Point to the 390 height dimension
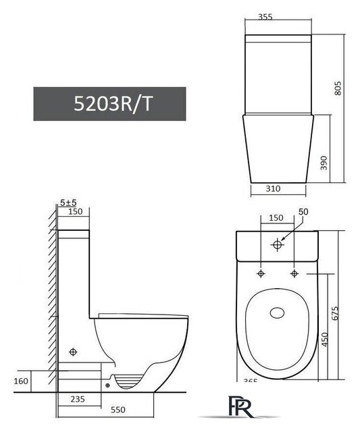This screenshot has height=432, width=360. [x=324, y=163]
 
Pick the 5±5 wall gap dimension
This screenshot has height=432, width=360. [x=67, y=202]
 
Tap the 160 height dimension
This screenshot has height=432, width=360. [x=22, y=382]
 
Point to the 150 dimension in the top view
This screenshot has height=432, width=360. [x=277, y=218]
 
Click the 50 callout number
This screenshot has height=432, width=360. [x=302, y=212]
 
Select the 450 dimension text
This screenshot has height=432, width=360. [x=324, y=337]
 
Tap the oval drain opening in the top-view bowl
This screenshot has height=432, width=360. [x=278, y=313]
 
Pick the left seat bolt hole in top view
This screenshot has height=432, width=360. [x=260, y=273]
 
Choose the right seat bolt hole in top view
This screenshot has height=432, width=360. [x=294, y=273]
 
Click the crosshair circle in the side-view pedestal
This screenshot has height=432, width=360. [x=74, y=353]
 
